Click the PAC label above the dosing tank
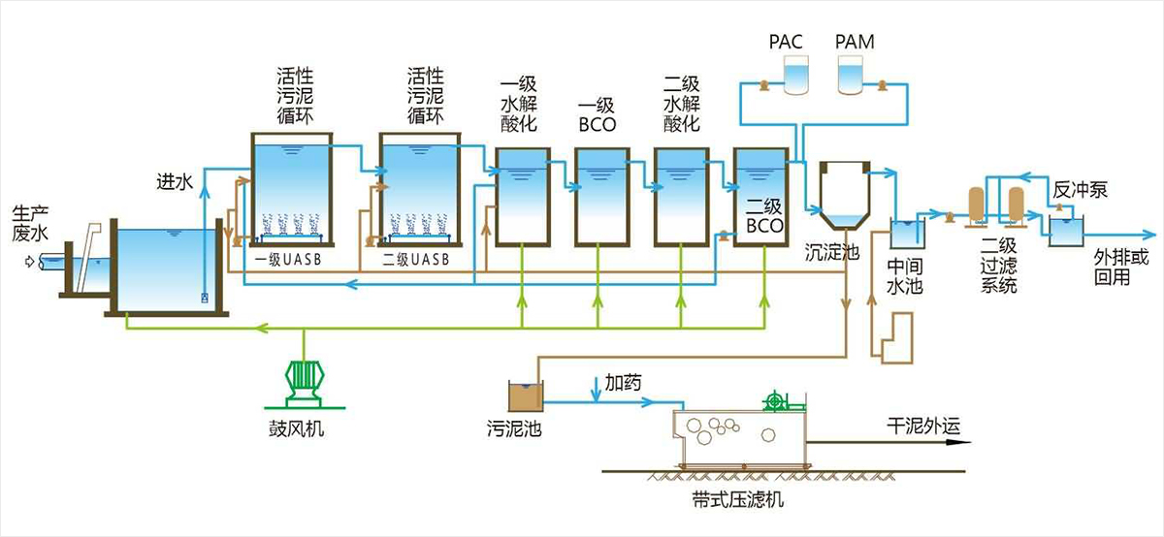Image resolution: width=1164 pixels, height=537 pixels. (x=786, y=42)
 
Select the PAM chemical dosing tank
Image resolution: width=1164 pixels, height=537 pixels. (x=851, y=76)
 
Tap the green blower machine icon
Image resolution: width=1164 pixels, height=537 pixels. (x=304, y=382)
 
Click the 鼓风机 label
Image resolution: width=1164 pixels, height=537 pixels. (x=296, y=428)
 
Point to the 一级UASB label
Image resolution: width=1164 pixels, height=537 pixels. (x=288, y=259)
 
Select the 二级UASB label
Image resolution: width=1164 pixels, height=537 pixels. (x=416, y=259)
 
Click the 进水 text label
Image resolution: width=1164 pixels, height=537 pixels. (x=175, y=182)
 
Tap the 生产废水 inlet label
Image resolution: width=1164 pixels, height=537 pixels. (x=30, y=223)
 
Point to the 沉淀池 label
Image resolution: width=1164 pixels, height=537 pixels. (x=832, y=252)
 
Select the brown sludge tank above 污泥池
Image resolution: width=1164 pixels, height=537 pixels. (x=526, y=396)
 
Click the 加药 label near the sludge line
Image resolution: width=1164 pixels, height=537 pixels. (x=623, y=383)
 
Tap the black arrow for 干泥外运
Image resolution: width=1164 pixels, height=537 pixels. (x=889, y=442)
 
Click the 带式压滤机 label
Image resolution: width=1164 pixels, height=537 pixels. (x=738, y=499)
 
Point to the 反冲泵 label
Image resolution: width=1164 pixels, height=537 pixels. (x=1081, y=190)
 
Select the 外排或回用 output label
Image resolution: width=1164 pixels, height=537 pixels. (x=1121, y=267)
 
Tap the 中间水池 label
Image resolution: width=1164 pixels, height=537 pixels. (x=905, y=276)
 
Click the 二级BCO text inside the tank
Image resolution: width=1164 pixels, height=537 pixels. (x=764, y=216)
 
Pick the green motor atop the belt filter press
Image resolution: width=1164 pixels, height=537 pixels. (x=775, y=401)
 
